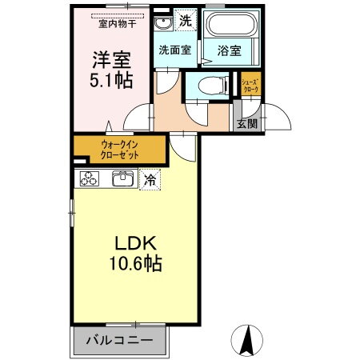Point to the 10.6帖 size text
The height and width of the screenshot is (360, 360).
point(131,263)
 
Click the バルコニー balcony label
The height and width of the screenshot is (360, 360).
point(120,342)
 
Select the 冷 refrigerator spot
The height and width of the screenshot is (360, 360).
point(149,181)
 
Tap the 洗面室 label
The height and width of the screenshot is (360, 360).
point(173,50)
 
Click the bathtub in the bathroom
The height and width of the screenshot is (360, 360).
point(230,24)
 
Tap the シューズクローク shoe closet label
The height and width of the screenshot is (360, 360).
point(248,85)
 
